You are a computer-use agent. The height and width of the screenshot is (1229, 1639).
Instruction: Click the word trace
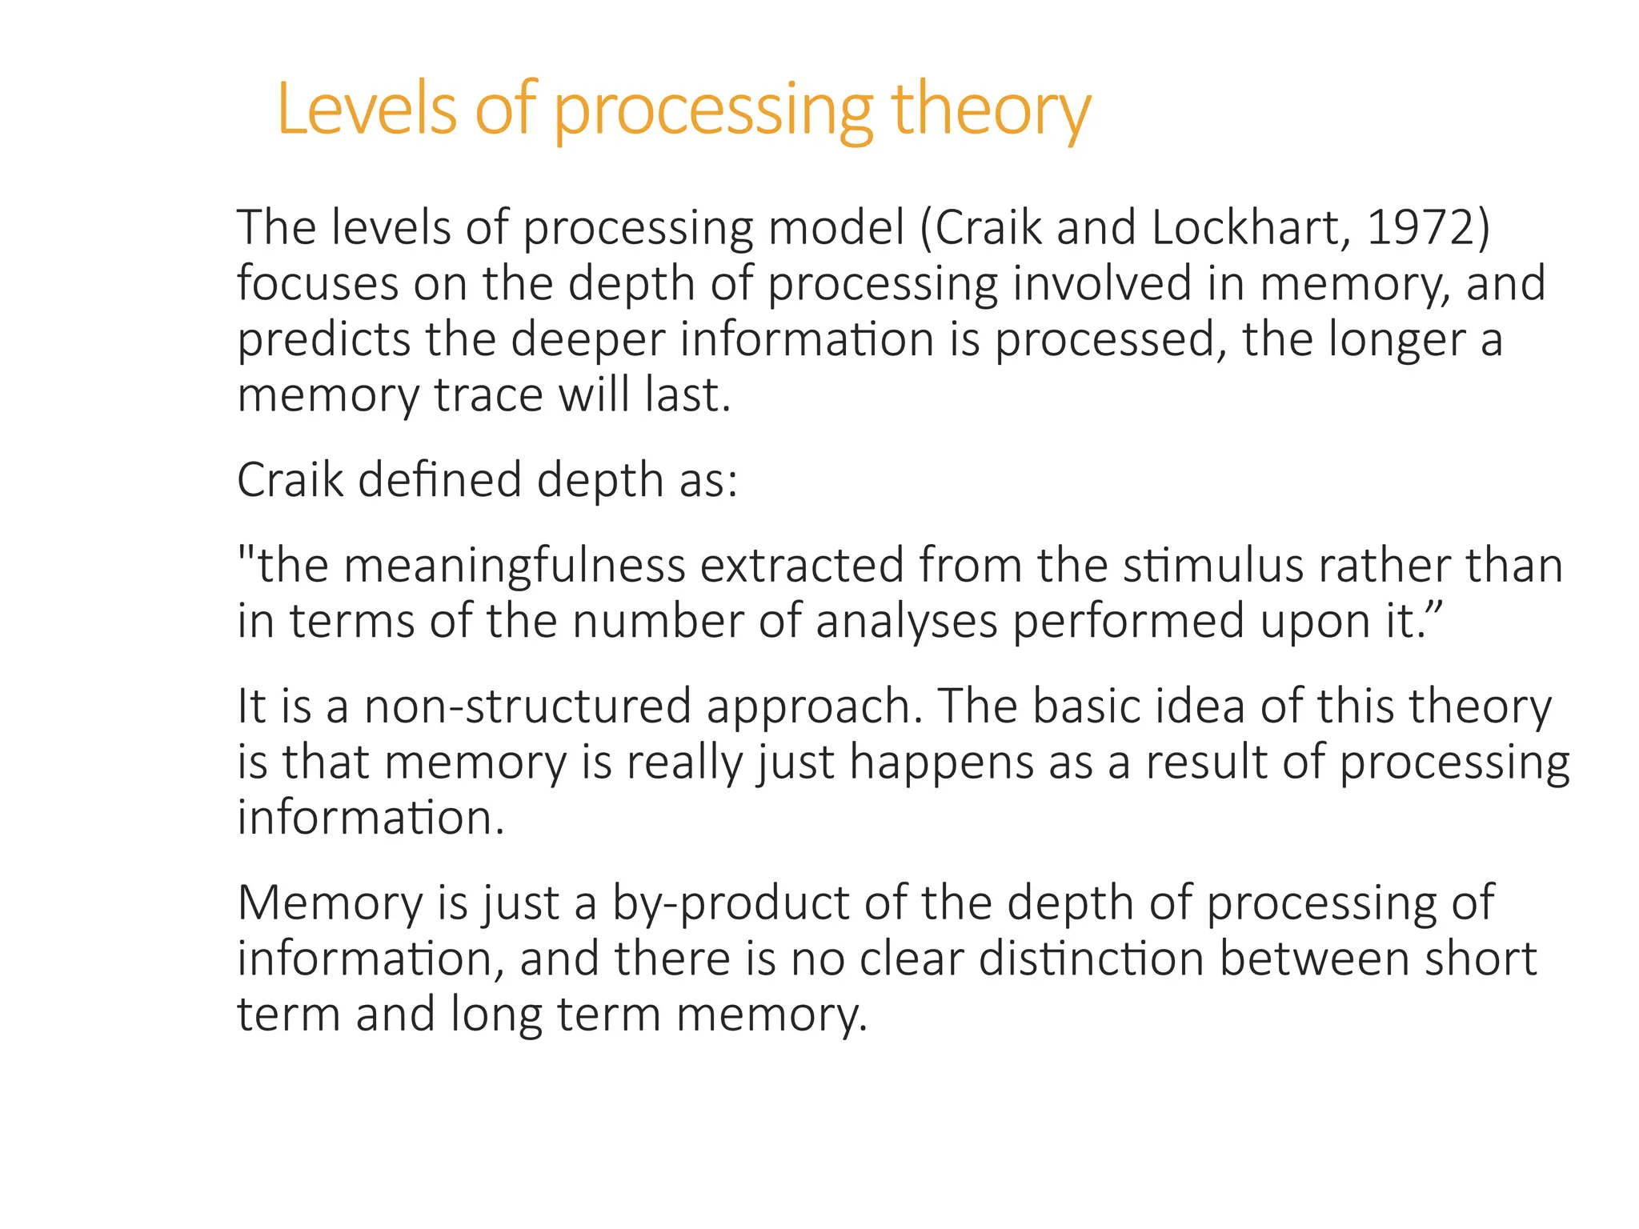click(488, 395)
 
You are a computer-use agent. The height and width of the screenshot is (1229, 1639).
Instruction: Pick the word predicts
click(324, 340)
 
